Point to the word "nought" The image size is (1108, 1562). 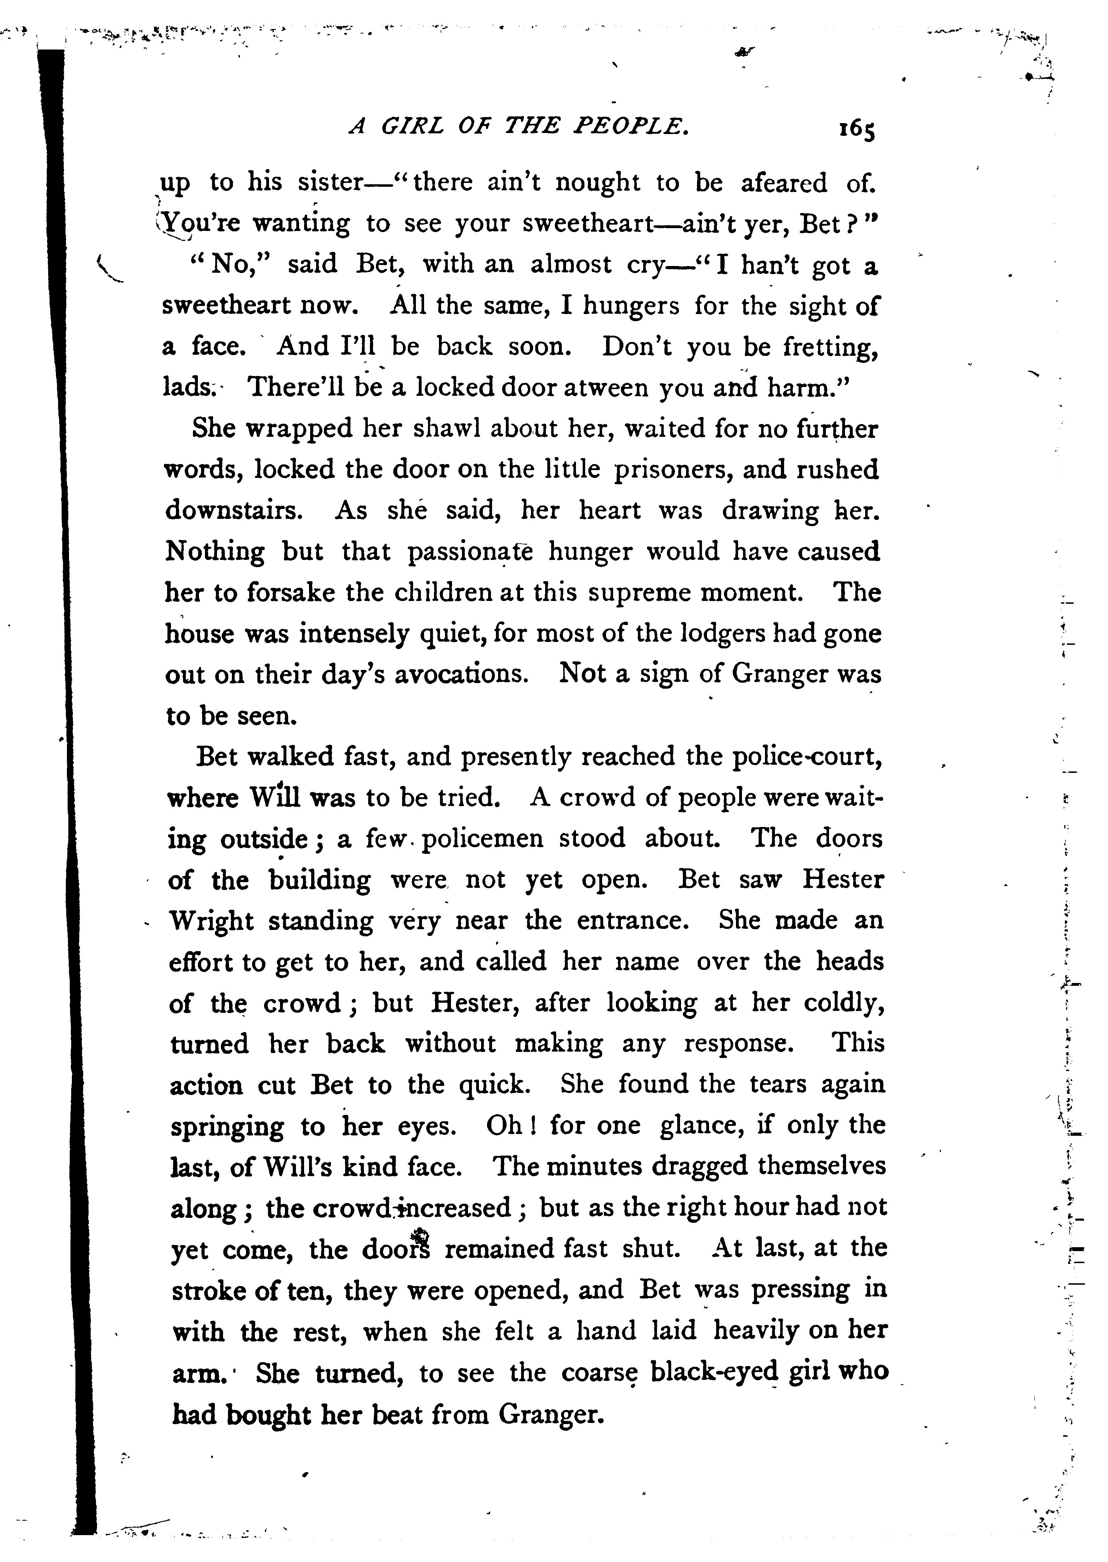point(598,183)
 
